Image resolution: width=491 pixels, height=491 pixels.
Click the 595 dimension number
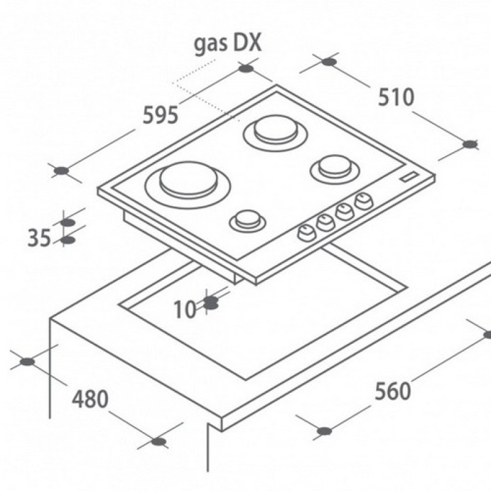pyautogui.click(x=160, y=115)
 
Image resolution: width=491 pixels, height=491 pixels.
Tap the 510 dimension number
pyautogui.click(x=396, y=97)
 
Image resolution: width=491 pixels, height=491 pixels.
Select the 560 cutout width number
pyautogui.click(x=393, y=391)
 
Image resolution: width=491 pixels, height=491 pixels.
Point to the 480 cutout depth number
pyautogui.click(x=90, y=399)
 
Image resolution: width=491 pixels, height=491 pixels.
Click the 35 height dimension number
pyautogui.click(x=39, y=238)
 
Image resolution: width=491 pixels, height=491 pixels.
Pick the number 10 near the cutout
pyautogui.click(x=185, y=309)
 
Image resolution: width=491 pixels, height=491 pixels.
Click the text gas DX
pyautogui.click(x=227, y=44)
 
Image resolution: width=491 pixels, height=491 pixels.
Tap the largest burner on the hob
pyautogui.click(x=188, y=185)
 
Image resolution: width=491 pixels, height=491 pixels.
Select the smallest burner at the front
pyautogui.click(x=248, y=221)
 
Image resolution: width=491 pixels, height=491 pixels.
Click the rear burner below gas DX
pyautogui.click(x=276, y=133)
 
